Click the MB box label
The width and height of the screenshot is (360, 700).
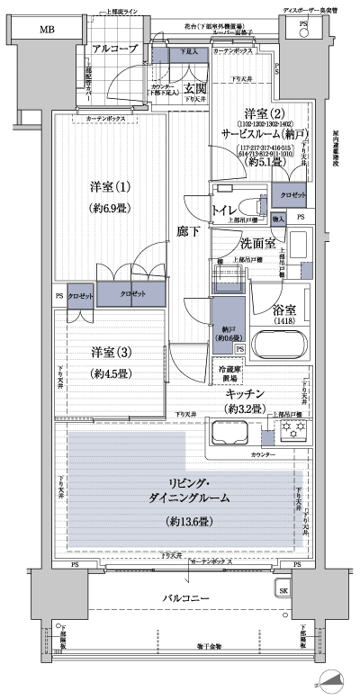43,29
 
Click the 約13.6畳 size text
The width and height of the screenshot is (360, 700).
187,521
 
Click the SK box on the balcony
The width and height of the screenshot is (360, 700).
283,591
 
